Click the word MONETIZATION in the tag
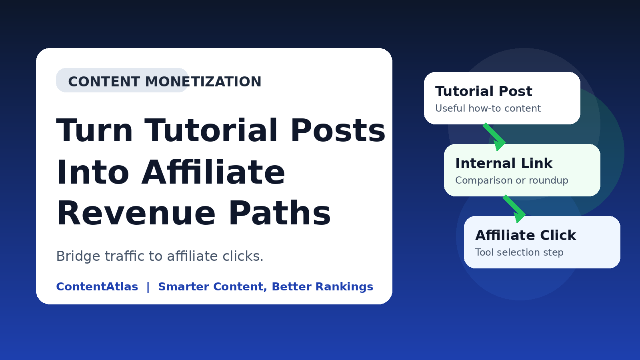pyautogui.click(x=203, y=82)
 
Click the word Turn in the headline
pyautogui.click(x=94, y=130)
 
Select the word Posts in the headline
pyautogui.click(x=338, y=130)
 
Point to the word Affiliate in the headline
pyautogui.click(x=213, y=172)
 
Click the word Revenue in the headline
pyautogui.click(x=136, y=214)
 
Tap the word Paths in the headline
pyautogui.click(x=280, y=213)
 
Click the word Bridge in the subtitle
pyautogui.click(x=78, y=256)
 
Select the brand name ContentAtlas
pyautogui.click(x=97, y=286)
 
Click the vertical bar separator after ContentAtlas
pyautogui.click(x=148, y=287)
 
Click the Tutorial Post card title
pyautogui.click(x=484, y=92)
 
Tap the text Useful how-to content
pyautogui.click(x=488, y=108)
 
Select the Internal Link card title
pyautogui.click(x=504, y=164)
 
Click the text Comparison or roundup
pyautogui.click(x=512, y=180)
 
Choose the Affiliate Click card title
pyautogui.click(x=526, y=236)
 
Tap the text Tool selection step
pyautogui.click(x=519, y=252)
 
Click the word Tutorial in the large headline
pyautogui.click(x=211, y=130)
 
